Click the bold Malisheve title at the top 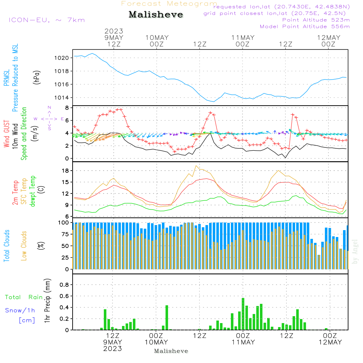pos(156,15)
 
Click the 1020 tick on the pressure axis pos(62,58)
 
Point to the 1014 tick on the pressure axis pos(62,98)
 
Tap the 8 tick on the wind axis pos(67,108)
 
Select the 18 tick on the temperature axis pos(65,171)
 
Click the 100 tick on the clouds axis pos(64,223)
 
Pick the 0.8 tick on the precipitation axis pos(64,285)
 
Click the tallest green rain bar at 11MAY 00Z pos(243,314)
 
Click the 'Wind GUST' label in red pos(7,134)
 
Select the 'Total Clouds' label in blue pos(7,246)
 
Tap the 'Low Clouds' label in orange pos(24,246)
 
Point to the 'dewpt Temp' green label pos(32,191)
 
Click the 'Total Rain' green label pos(24,297)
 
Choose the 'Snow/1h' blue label pos(20,310)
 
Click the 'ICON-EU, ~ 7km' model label pos(47,20)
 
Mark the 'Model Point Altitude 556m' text pos(305,26)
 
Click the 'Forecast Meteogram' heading pos(169,4)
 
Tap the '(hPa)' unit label pos(37,77)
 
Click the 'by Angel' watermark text pos(355,252)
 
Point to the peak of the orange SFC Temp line pos(196,166)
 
